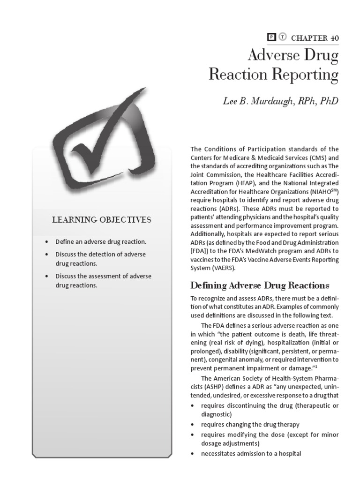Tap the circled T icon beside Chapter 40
click(x=282, y=38)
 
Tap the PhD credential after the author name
click(x=328, y=102)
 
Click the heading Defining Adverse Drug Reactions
click(x=260, y=285)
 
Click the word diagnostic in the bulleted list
click(x=216, y=414)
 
